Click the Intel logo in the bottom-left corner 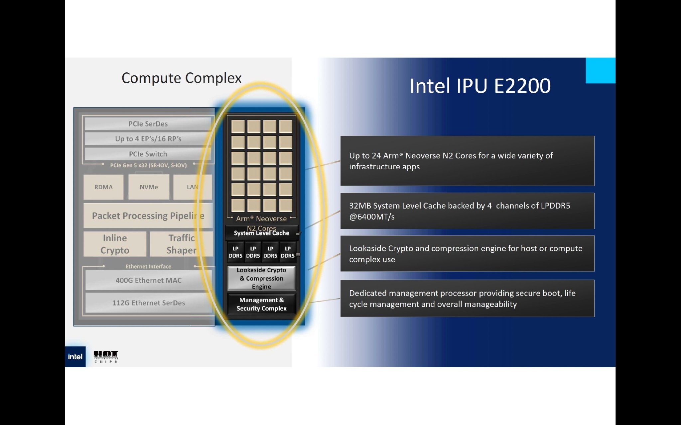(75, 357)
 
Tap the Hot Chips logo (106, 357)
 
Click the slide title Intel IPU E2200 (480, 86)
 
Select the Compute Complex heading (182, 78)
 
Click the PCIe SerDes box (148, 124)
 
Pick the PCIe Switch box (148, 154)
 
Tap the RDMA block (103, 187)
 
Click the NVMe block (149, 187)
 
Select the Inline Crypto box (115, 244)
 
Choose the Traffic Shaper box (181, 244)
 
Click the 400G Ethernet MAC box (148, 280)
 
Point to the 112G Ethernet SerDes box (148, 303)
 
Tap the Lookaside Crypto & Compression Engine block (261, 278)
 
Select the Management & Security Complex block (261, 304)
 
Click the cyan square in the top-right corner (600, 70)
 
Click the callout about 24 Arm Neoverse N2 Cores (467, 161)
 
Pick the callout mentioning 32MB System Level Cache (467, 211)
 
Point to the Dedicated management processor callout (467, 298)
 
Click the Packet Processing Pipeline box (148, 216)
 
